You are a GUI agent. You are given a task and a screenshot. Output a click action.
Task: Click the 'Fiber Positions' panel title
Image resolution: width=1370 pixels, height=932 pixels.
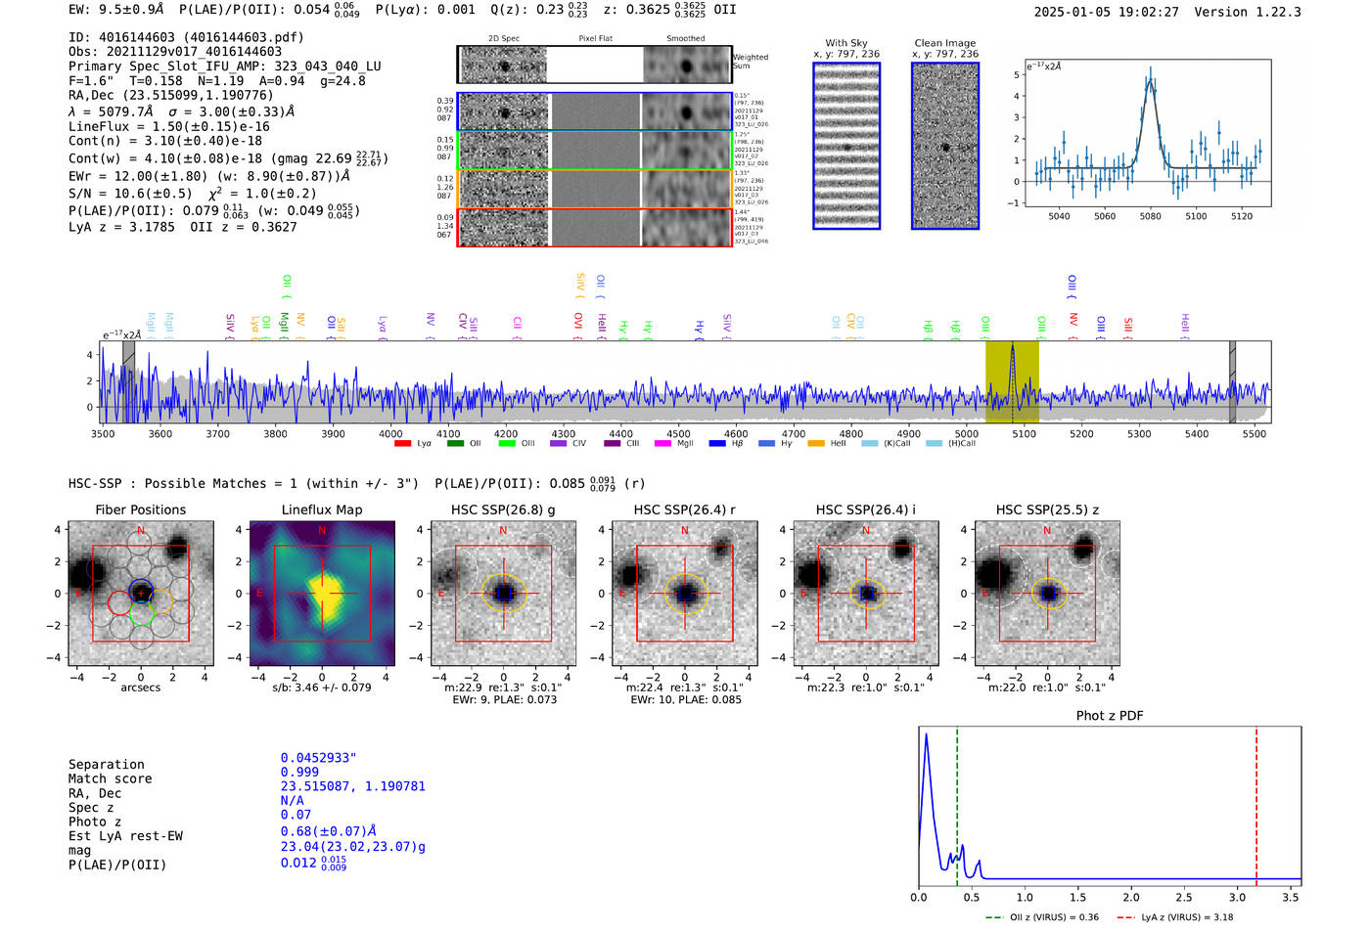140,510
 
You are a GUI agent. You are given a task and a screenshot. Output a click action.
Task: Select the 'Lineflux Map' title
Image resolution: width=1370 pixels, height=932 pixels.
321,510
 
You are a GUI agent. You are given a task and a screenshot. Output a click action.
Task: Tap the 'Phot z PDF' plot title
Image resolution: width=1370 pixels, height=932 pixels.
1109,716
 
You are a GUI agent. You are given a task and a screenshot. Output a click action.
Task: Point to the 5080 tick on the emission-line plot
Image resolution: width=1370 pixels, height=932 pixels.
1150,216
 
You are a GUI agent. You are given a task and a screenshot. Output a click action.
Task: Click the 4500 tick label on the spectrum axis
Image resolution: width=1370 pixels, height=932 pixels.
678,434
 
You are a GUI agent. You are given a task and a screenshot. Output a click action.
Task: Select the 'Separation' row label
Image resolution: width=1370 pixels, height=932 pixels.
106,765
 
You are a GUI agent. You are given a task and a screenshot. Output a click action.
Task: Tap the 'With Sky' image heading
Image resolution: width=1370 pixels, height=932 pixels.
845,43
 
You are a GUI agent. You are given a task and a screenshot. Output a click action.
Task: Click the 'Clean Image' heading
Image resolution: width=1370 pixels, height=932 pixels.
944,43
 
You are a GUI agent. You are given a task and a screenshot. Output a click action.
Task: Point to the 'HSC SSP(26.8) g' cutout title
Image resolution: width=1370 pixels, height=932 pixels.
503,510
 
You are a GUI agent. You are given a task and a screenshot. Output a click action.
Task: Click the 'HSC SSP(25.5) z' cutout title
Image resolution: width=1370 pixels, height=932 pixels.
1047,510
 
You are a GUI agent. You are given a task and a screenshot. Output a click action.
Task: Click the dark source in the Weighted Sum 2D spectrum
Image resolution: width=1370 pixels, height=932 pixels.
505,67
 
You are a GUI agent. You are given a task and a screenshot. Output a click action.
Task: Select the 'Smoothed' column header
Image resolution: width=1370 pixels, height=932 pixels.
685,39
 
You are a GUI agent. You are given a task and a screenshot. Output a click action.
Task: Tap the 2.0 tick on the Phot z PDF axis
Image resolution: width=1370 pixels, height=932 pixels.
1130,897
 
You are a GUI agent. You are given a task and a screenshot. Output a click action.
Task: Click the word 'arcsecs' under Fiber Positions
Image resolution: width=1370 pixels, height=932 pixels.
140,688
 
